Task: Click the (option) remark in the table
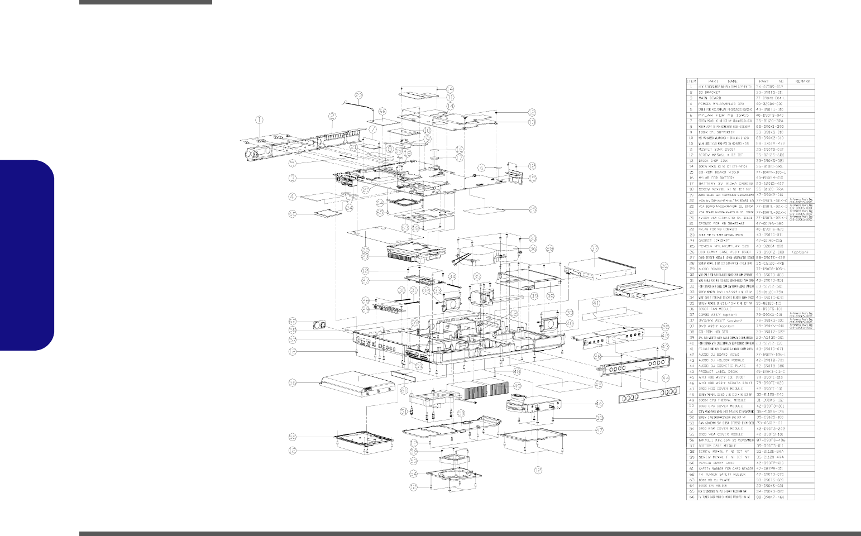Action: click(x=800, y=251)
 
